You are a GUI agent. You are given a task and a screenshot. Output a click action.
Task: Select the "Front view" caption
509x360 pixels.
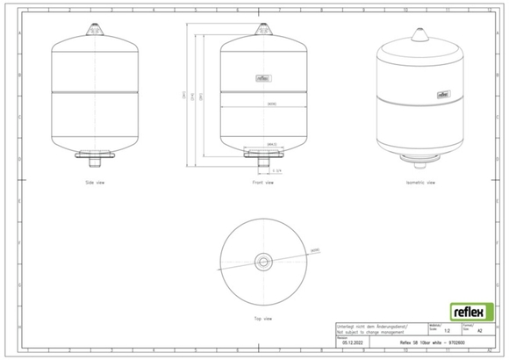[262, 184]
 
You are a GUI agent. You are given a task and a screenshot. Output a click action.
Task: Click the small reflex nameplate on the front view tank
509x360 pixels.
[262, 77]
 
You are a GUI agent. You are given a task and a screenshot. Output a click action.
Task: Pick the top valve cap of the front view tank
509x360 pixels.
[262, 30]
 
